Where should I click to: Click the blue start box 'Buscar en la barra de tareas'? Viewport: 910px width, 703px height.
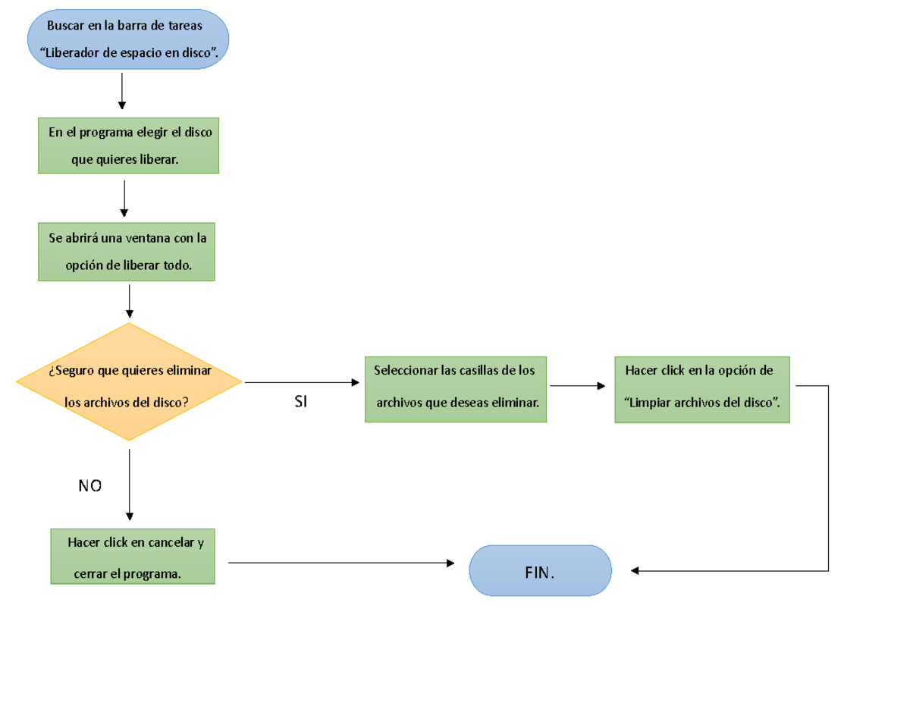tap(127, 39)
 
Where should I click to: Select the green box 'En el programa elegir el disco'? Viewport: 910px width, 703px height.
tap(129, 146)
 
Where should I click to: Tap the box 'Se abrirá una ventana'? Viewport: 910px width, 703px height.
tap(127, 252)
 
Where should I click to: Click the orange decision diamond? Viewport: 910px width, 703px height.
tap(129, 382)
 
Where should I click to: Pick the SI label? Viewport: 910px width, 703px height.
tap(300, 403)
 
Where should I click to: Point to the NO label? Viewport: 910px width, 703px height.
tap(90, 486)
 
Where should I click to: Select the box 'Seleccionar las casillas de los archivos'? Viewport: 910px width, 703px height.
tap(455, 389)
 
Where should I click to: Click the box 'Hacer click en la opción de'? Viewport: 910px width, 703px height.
tap(701, 389)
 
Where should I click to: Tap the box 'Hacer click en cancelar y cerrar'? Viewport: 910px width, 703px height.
tap(133, 557)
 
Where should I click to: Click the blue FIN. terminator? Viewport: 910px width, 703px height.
tap(540, 571)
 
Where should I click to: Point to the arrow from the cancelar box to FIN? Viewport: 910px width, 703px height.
tap(341, 563)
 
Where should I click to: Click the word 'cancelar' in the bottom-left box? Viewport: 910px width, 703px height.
tap(171, 543)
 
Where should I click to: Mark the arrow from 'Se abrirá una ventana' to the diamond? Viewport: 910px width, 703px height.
tap(130, 300)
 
